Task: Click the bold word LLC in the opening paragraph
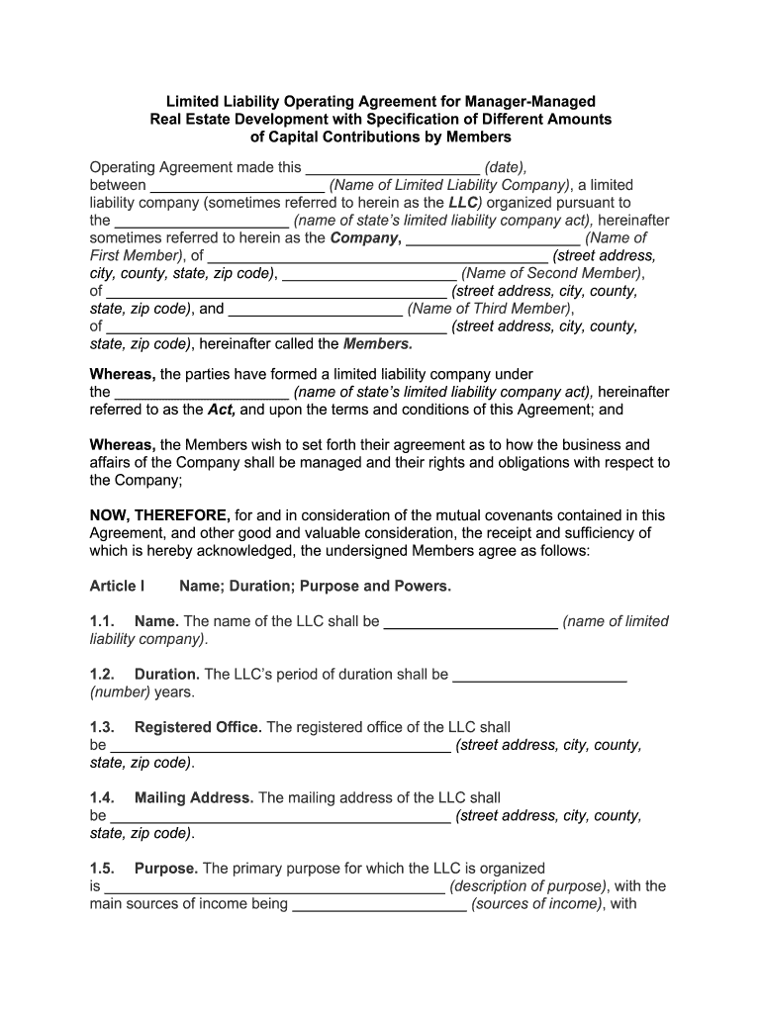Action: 463,203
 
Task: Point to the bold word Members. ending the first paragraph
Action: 377,344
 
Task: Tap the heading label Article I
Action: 117,587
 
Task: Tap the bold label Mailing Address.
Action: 194,797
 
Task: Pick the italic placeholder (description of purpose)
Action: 526,886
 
